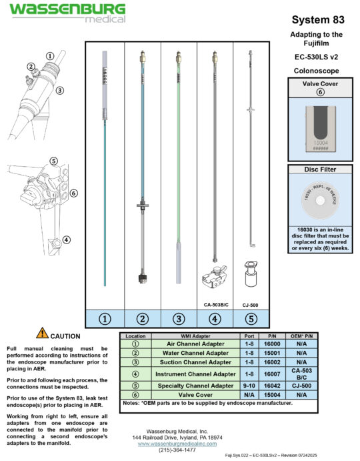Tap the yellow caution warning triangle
pos(42,334)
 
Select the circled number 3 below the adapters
pos(178,318)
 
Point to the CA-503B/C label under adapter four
pos(215,304)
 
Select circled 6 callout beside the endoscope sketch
pos(73,193)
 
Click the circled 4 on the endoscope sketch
pos(66,240)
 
